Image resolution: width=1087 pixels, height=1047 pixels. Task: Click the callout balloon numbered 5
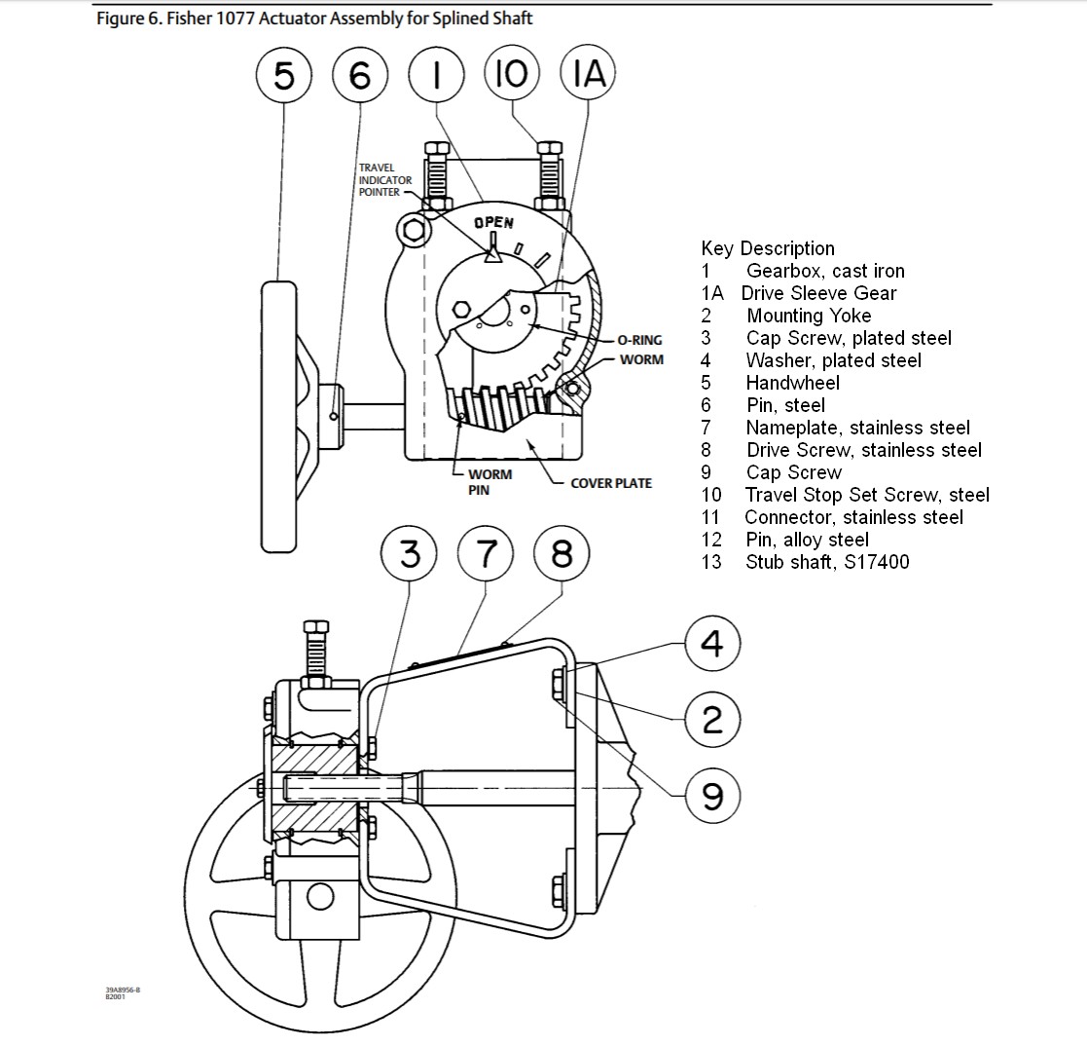click(283, 75)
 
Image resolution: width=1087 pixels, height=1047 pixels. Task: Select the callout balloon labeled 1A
click(588, 73)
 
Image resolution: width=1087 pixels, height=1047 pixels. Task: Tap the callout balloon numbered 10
click(512, 73)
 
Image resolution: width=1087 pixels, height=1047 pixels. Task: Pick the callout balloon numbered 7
click(486, 553)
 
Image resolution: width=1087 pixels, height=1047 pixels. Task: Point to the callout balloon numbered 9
click(712, 795)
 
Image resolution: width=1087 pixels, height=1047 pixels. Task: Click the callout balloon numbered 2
click(712, 719)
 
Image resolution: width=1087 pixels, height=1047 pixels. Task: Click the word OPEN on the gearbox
click(493, 223)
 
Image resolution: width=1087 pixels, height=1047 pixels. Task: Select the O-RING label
click(640, 340)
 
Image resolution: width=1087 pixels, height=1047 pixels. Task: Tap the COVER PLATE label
click(611, 483)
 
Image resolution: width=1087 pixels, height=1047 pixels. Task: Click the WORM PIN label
click(489, 482)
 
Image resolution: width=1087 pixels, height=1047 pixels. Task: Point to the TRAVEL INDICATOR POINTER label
click(384, 180)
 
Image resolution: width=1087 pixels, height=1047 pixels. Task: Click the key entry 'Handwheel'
click(792, 383)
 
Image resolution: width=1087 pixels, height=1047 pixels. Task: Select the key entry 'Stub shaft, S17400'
click(827, 562)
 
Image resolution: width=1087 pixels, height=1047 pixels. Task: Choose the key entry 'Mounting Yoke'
click(809, 316)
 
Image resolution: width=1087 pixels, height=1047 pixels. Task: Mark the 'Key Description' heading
click(768, 248)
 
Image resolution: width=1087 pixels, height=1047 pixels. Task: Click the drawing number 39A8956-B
click(123, 991)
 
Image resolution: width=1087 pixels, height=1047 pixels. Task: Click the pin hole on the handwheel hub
click(334, 416)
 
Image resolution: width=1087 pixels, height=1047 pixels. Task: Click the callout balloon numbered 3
click(409, 553)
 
